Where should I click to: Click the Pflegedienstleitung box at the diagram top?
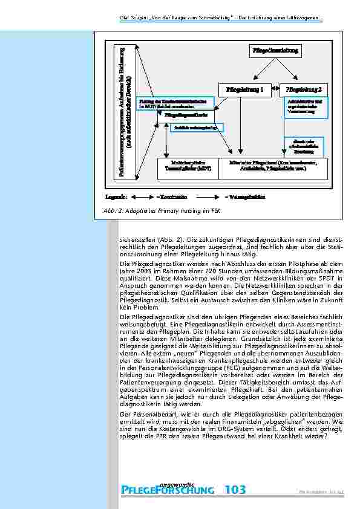pyautogui.click(x=275, y=51)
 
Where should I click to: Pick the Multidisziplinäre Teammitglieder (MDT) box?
pyautogui.click(x=187, y=167)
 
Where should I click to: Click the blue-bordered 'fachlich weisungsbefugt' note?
pyautogui.click(x=197, y=128)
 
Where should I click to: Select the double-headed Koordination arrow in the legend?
pyautogui.click(x=143, y=196)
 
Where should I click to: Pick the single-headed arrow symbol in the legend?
pyautogui.click(x=208, y=196)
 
